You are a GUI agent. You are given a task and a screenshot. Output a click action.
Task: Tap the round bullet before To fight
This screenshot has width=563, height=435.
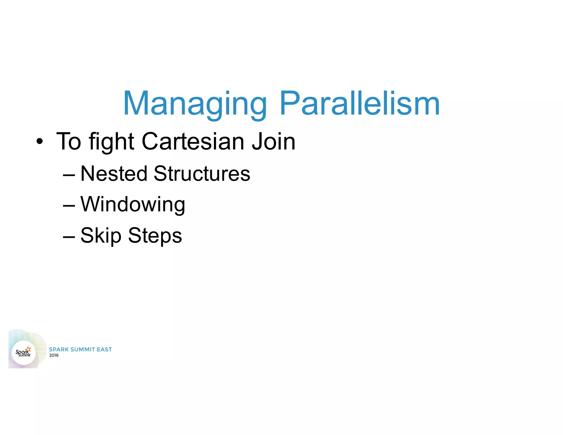pos(40,142)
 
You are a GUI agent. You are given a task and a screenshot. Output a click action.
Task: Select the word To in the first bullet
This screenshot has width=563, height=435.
pos(68,141)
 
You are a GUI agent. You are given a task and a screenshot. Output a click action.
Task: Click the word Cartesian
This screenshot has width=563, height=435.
pos(192,141)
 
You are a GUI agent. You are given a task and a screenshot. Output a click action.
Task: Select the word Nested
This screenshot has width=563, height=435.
pos(114,174)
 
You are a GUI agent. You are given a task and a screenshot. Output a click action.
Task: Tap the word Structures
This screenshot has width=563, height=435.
pos(202,174)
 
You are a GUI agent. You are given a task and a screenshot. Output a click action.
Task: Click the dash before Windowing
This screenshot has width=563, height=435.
pos(69,206)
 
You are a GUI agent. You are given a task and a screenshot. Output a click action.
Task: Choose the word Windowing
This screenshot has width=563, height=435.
pos(133,205)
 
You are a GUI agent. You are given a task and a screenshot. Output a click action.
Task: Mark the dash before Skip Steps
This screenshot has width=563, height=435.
pos(69,237)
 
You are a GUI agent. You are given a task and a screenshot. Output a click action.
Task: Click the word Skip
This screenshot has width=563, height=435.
pos(101,236)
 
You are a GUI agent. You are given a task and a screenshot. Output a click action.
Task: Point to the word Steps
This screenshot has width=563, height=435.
pos(155,236)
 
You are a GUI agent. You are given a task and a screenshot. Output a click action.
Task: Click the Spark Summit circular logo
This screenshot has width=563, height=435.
pos(24,353)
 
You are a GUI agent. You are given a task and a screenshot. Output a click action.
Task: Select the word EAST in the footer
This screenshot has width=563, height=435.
pos(104,349)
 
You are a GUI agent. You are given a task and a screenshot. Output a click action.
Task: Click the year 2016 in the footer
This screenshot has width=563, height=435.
pos(54,355)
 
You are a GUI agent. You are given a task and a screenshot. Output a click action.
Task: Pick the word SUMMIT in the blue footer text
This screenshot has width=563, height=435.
pos(83,349)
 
